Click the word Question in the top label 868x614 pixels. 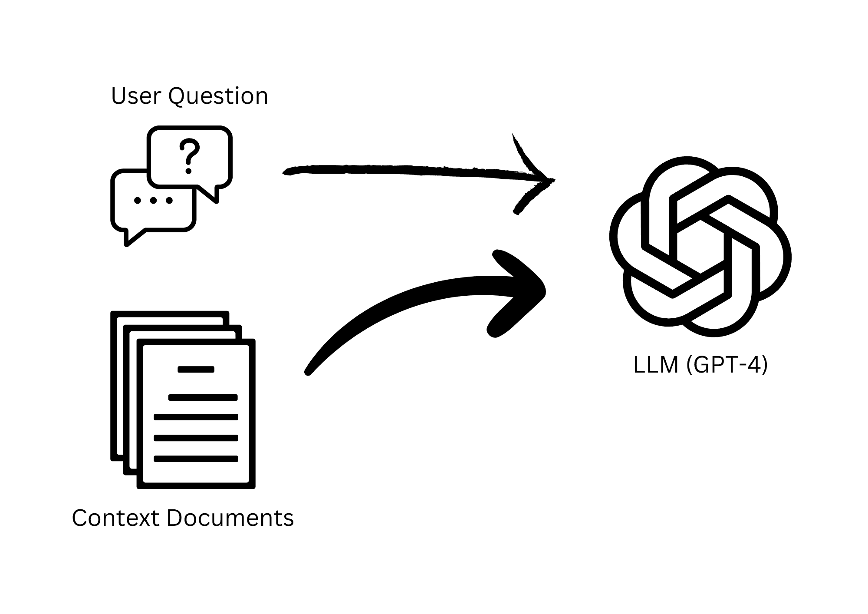pyautogui.click(x=218, y=96)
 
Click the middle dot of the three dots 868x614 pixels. pyautogui.click(x=153, y=201)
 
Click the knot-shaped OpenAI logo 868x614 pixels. pyautogui.click(x=700, y=247)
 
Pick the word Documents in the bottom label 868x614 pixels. pyautogui.click(x=230, y=518)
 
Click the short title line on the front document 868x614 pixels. pyautogui.click(x=196, y=370)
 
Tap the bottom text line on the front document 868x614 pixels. pyautogui.click(x=196, y=459)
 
